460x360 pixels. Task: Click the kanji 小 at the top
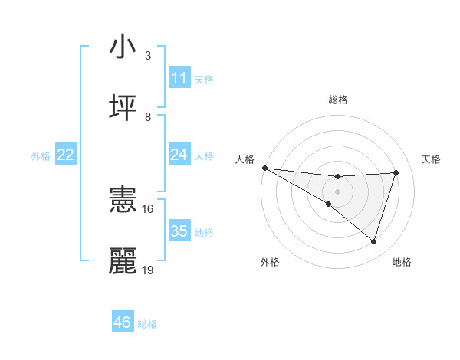pos(123,47)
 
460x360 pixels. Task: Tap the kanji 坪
pos(123,108)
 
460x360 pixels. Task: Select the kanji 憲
pos(123,200)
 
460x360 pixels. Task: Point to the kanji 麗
pos(123,261)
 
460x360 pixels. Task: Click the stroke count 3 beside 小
pos(148,56)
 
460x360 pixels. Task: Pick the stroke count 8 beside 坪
pos(148,117)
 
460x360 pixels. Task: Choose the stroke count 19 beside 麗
pos(148,270)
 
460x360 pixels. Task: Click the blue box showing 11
pos(179,78)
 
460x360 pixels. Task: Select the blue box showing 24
pos(179,155)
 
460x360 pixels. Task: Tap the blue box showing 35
pos(179,231)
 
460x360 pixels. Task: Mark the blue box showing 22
pos(66,155)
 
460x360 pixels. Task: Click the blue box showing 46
pos(123,322)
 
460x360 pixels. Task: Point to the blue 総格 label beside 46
pos(147,324)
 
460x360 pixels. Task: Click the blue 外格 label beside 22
pos(41,156)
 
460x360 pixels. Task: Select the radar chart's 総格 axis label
pos(337,100)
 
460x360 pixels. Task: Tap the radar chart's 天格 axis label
pos(432,159)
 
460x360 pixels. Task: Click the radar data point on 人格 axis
pos(264,168)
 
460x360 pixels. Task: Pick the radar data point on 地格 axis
pos(374,242)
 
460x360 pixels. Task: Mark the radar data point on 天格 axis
pos(396,172)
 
